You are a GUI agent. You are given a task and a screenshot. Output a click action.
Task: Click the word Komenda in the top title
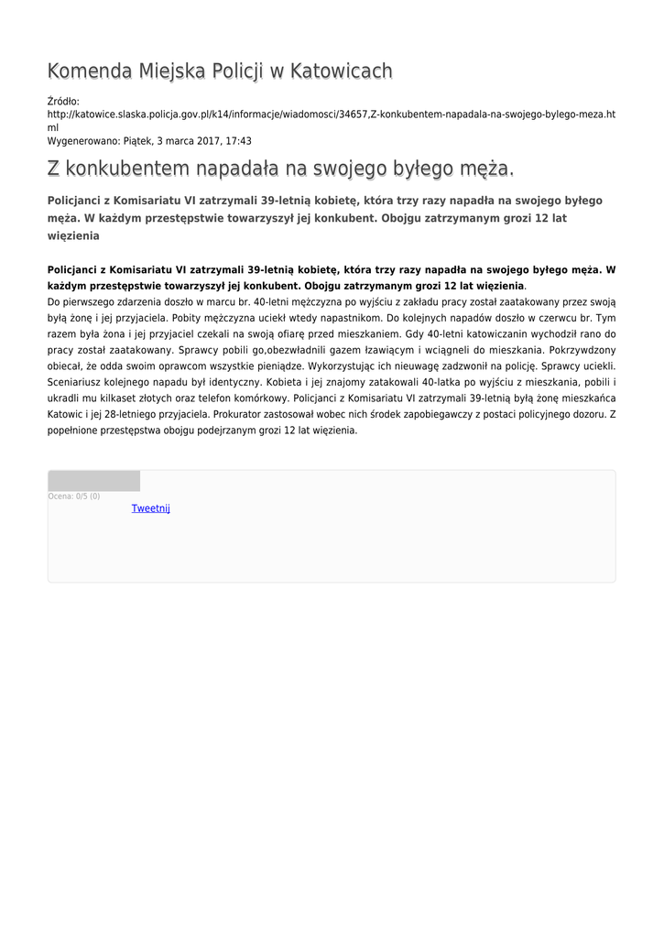(x=89, y=71)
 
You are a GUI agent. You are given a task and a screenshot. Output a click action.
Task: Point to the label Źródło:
(x=63, y=101)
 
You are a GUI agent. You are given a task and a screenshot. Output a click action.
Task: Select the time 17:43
(x=238, y=141)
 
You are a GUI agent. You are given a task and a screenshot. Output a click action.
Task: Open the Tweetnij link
(x=151, y=508)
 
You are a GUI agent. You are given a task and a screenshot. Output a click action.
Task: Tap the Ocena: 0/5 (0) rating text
(x=74, y=496)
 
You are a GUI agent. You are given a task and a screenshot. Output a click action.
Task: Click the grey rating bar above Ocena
(x=93, y=481)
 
